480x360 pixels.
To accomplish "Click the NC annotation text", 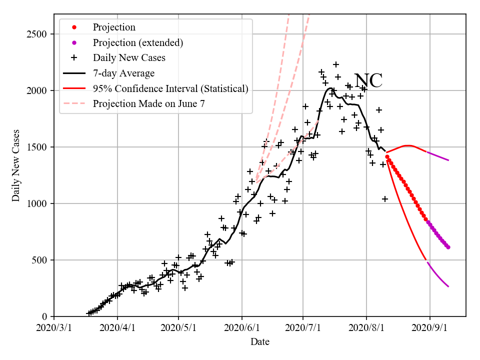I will click(x=368, y=81).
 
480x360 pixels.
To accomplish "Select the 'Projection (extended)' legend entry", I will click(x=138, y=42).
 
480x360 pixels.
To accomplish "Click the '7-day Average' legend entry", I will click(x=123, y=73).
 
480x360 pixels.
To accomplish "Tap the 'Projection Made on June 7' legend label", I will click(x=148, y=104).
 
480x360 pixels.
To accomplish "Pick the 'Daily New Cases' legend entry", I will click(x=129, y=58).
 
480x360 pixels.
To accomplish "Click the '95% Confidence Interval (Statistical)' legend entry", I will click(x=170, y=89).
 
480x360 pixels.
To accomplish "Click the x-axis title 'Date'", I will click(x=260, y=342).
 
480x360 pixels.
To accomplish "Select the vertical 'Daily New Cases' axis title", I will click(x=16, y=165).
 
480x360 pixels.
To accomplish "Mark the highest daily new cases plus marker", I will click(x=336, y=64).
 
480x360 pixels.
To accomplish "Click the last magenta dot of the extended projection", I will click(x=448, y=247).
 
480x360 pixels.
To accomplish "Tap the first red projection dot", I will click(x=387, y=157).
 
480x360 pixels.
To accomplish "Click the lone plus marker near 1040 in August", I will click(x=385, y=199).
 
